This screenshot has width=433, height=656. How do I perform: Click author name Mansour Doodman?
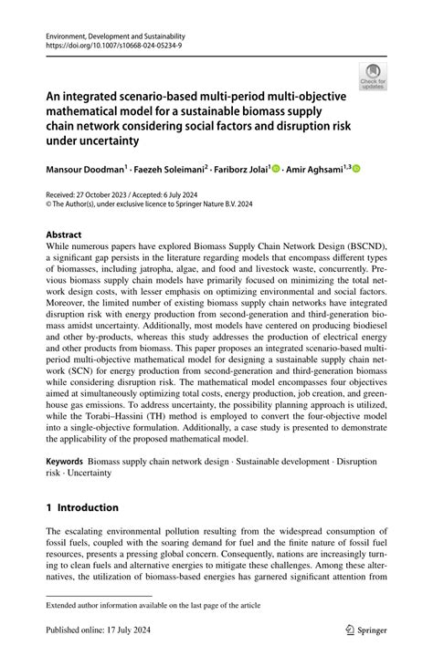tap(86, 169)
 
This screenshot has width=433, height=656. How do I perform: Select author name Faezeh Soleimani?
tap(173, 169)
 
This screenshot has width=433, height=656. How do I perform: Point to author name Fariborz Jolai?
tap(243, 169)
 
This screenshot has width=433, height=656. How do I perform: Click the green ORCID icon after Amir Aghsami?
tap(357, 168)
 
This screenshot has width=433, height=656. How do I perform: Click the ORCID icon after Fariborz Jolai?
tap(276, 168)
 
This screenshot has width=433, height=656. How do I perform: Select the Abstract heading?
tap(63, 234)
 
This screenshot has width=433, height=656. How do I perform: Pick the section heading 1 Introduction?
tap(82, 507)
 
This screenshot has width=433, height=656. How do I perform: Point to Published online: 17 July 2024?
tap(101, 630)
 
